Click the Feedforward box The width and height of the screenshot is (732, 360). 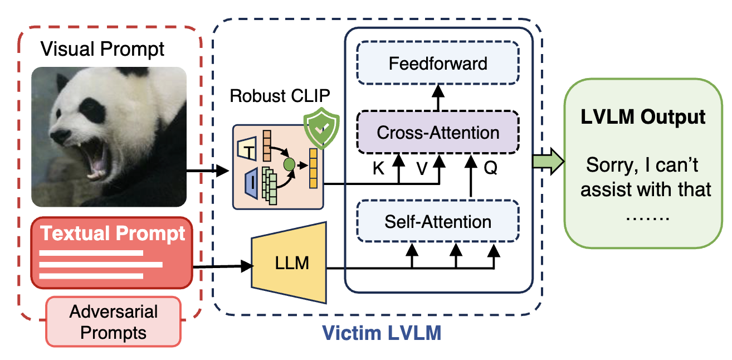(x=437, y=63)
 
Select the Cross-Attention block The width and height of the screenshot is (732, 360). (x=437, y=133)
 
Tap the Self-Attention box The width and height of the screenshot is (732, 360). (x=437, y=221)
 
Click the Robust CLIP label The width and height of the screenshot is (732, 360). (x=280, y=96)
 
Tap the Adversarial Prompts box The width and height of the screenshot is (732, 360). (x=113, y=322)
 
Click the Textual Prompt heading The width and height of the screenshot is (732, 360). (x=113, y=233)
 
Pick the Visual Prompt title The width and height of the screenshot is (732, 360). (x=103, y=49)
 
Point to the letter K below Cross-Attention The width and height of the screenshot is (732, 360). (x=378, y=168)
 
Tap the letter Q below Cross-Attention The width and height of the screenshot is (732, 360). (x=490, y=168)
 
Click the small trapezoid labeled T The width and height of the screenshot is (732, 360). (x=246, y=148)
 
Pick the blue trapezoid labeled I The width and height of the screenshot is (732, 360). (x=250, y=184)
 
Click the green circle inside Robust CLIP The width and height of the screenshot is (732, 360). (x=289, y=165)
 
